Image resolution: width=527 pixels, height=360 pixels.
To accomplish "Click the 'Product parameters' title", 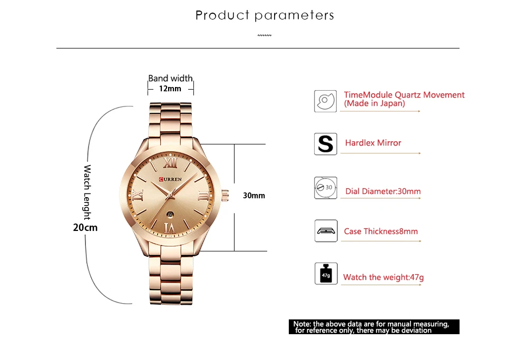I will pos(265,15).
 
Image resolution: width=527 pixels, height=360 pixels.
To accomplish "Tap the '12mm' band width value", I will pos(170,89).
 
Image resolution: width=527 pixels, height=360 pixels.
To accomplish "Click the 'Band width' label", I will pos(170,79).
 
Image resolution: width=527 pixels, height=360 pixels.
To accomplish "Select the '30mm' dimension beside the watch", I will pos(253,196).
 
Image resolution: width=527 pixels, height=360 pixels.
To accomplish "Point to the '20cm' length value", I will pos(85,228).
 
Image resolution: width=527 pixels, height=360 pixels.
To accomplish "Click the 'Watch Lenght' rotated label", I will pos(87,192).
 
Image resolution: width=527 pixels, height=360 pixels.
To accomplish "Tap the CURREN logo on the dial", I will pos(170,179).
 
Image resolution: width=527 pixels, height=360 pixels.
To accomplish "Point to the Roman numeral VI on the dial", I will pos(170,227).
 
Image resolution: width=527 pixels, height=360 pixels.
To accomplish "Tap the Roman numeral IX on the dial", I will pos(139,196).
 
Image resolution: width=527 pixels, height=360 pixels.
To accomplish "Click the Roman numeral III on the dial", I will pos(202,196).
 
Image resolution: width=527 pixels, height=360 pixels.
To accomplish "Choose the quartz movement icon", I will pos(325,100).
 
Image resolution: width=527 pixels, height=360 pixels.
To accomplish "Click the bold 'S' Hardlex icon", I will pos(325,144).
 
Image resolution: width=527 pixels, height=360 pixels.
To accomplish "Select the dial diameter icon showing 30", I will pos(325,188).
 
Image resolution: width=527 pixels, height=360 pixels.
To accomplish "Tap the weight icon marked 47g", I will pos(325,274).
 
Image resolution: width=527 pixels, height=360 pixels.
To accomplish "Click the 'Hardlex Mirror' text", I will pos(373,143).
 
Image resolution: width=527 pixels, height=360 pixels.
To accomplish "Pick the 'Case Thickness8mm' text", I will pos(380,231).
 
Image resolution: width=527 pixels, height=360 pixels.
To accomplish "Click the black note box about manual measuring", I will pos(374,327).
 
